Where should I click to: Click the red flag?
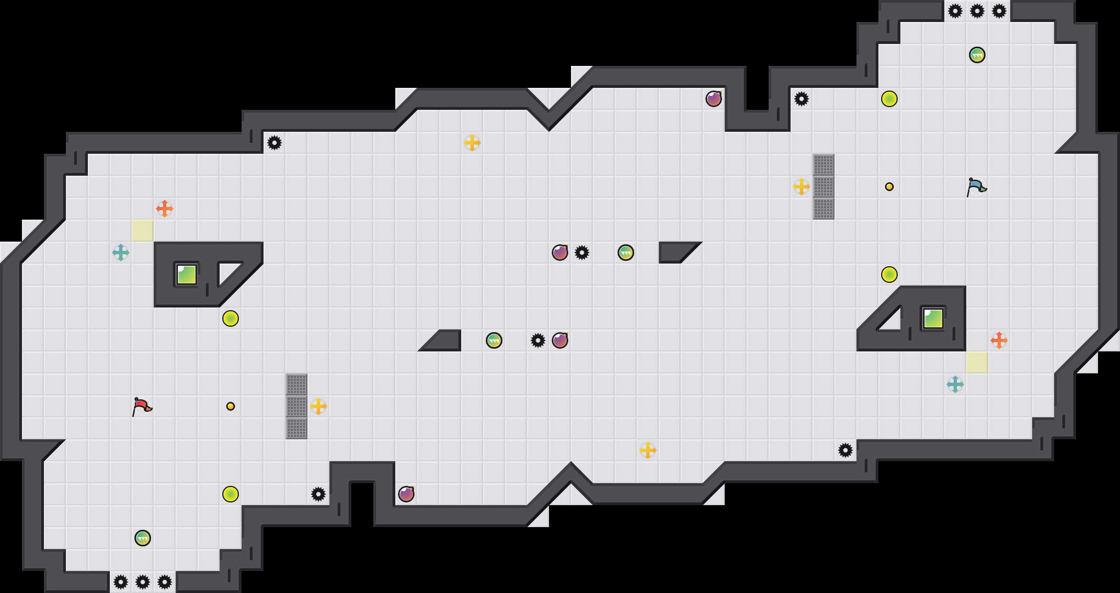(142, 406)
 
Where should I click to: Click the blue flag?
(976, 187)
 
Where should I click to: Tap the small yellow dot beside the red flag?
(231, 406)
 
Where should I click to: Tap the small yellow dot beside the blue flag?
(889, 187)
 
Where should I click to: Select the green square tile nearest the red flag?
(187, 275)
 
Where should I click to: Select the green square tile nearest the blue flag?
(933, 318)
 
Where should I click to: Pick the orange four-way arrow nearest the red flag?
(165, 209)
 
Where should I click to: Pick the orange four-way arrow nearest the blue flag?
(999, 340)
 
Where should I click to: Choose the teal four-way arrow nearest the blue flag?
(955, 384)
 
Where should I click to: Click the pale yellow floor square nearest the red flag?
(143, 231)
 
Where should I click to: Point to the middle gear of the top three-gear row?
(977, 11)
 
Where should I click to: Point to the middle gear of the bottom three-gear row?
(143, 582)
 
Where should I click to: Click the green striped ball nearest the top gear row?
(977, 55)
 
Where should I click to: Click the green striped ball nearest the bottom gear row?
(143, 538)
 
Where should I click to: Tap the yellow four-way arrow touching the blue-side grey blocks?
(802, 187)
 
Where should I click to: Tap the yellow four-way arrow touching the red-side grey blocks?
(318, 406)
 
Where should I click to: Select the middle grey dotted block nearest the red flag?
(296, 406)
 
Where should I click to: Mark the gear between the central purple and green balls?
(582, 253)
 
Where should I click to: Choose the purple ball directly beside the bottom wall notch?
(406, 494)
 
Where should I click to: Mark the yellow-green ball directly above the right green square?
(889, 275)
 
